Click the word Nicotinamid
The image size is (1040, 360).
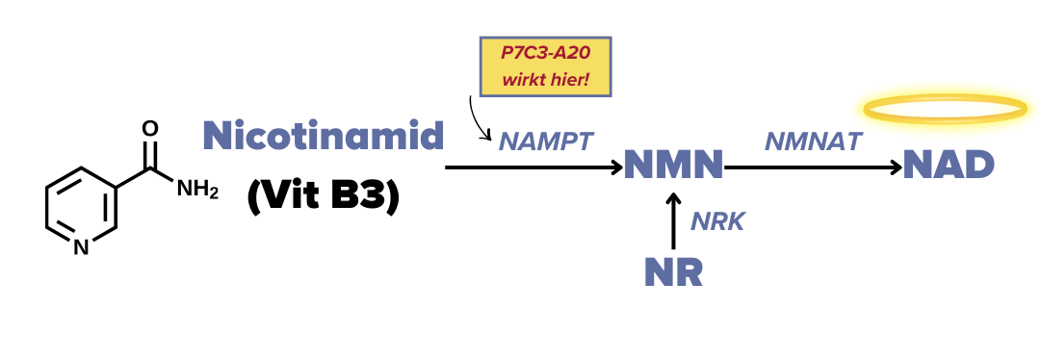point(323,136)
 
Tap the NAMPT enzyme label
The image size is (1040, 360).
point(545,141)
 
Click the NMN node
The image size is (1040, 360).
point(673,167)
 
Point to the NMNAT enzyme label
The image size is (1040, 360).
point(813,141)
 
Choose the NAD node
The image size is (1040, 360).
point(949,167)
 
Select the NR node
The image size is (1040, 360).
point(673,272)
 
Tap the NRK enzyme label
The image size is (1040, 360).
point(717,221)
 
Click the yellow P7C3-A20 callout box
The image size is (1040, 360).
point(546,65)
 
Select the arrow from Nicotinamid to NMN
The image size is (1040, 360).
point(534,167)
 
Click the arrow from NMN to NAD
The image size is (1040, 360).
point(813,167)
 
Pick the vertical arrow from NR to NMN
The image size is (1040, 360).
point(673,220)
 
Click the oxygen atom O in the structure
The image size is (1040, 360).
point(150,128)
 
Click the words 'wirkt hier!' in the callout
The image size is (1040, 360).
point(546,79)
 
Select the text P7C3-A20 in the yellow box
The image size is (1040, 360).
point(546,54)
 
